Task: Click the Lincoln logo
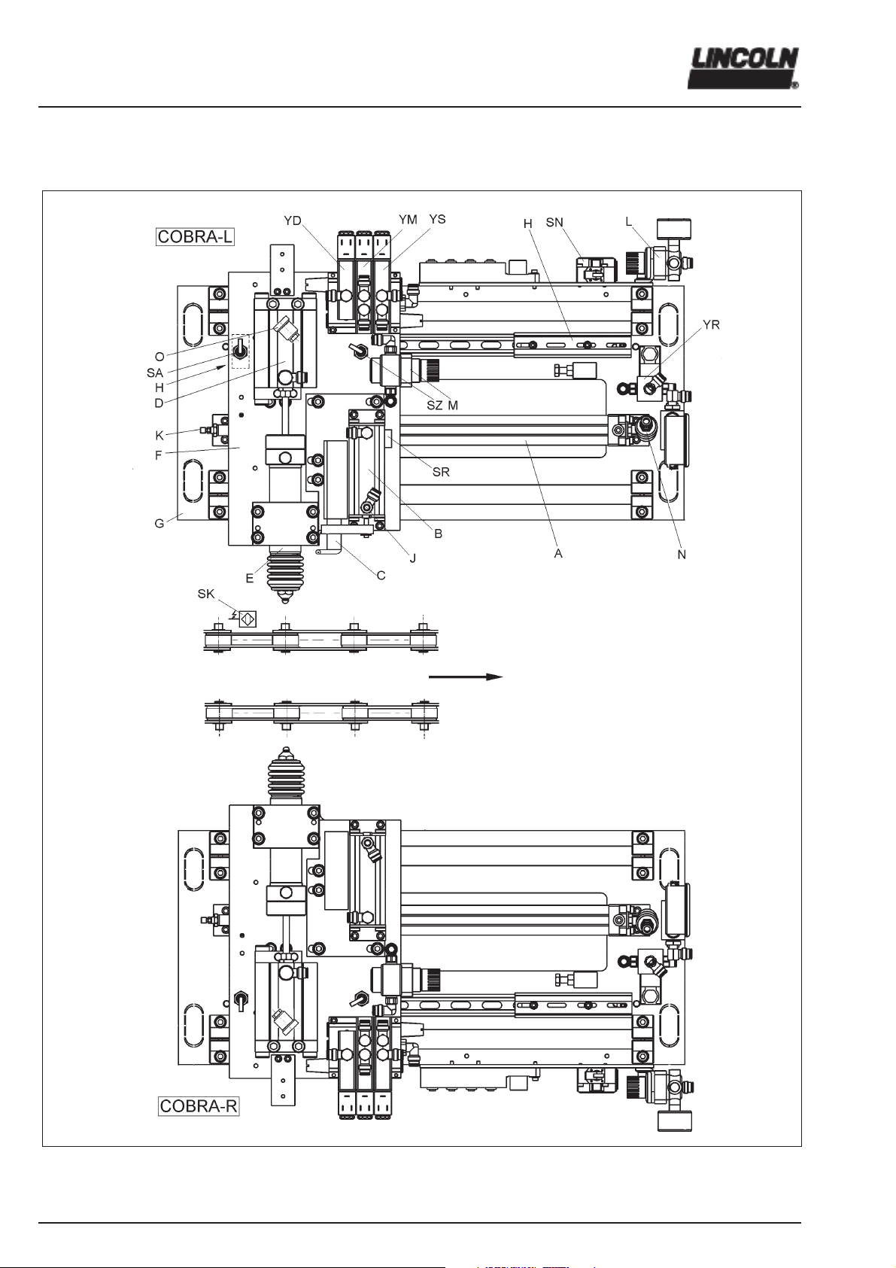coord(743,68)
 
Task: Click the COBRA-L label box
coord(195,236)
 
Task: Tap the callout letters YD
coord(293,221)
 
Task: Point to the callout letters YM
coord(408,220)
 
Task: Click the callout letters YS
coord(437,219)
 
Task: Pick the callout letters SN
coord(554,223)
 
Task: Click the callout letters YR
coord(711,325)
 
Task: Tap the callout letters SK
coord(206,594)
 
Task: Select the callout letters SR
coord(441,472)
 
